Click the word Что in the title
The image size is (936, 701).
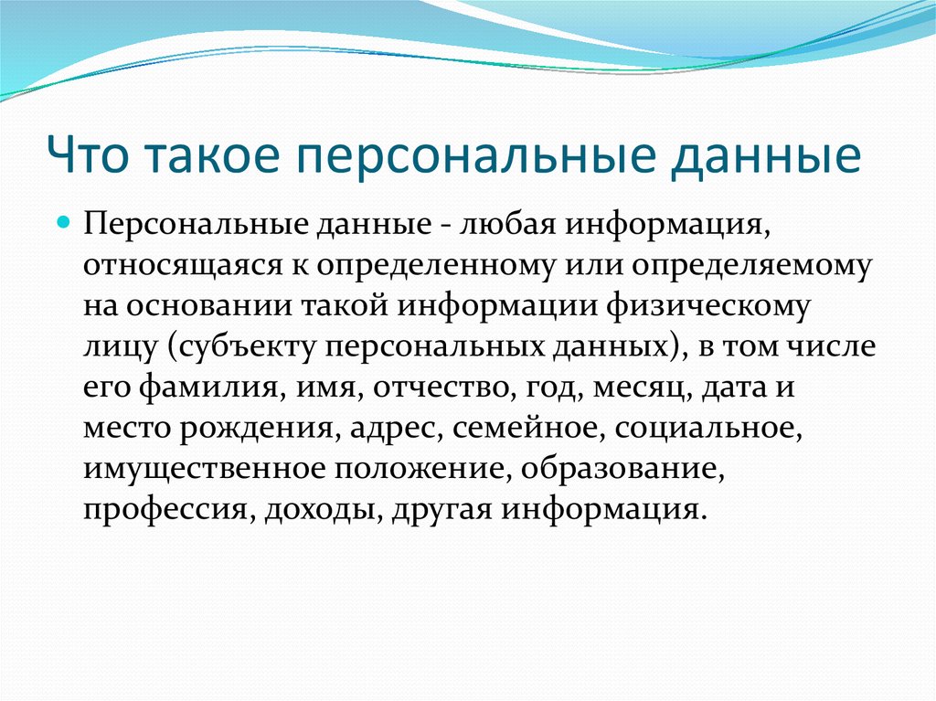[88, 154]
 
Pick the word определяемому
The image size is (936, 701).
[752, 265]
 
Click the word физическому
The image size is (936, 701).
[708, 306]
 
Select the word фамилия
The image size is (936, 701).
[209, 387]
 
